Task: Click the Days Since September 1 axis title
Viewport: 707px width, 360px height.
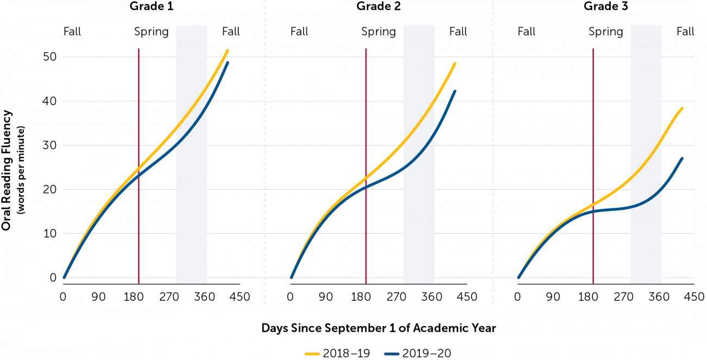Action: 379,328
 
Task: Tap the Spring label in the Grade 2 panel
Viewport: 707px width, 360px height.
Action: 379,32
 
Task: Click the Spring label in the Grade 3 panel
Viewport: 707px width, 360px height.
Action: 606,32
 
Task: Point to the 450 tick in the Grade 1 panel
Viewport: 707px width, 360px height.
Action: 240,297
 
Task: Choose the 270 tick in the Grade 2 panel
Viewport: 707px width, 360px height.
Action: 396,297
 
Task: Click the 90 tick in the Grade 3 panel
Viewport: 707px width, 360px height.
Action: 553,297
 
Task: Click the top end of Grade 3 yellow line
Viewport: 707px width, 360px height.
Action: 682,108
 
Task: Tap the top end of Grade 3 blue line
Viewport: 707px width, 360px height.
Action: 682,158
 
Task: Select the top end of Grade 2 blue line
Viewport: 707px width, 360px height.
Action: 455,91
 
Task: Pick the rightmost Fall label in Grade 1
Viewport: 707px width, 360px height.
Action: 231,32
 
